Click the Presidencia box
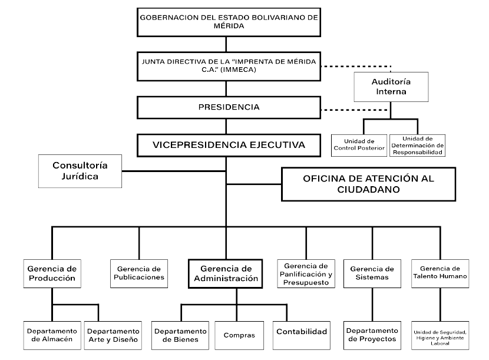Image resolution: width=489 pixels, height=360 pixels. point(228,108)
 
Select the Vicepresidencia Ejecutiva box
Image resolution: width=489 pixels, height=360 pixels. point(228,144)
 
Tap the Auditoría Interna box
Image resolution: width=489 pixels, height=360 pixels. point(391,87)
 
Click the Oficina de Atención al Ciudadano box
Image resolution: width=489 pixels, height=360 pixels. point(368,184)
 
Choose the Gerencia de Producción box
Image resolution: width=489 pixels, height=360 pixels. point(52,273)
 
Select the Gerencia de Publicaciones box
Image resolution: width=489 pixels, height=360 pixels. point(140,273)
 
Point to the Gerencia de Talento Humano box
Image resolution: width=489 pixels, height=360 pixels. point(440,273)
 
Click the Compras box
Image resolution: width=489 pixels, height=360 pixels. point(239,335)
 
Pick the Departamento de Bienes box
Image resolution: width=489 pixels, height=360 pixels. point(180,335)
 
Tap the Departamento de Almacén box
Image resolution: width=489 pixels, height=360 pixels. point(52,335)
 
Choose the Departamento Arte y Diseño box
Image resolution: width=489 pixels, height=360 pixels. point(112,335)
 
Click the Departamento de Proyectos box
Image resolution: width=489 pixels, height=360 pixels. point(372,335)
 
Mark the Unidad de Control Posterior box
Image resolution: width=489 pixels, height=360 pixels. point(362,144)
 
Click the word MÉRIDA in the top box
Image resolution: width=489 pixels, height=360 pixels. point(229,25)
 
